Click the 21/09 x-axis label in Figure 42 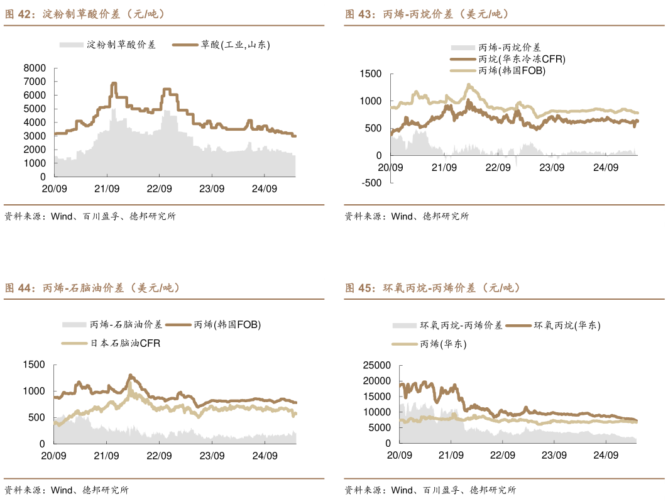[x=107, y=189]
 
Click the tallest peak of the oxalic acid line [x=114, y=83]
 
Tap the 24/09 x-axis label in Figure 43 [x=606, y=168]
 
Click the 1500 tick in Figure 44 [x=34, y=364]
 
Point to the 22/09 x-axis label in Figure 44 [x=160, y=455]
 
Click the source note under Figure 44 [x=66, y=490]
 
